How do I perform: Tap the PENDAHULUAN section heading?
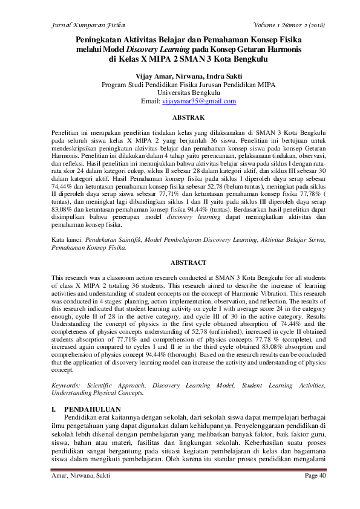pyautogui.click(x=92, y=409)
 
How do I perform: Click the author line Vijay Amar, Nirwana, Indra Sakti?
pyautogui.click(x=180, y=76)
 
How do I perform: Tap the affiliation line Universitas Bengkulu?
pyautogui.click(x=180, y=93)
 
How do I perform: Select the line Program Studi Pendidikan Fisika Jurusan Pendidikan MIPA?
pyautogui.click(x=180, y=85)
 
